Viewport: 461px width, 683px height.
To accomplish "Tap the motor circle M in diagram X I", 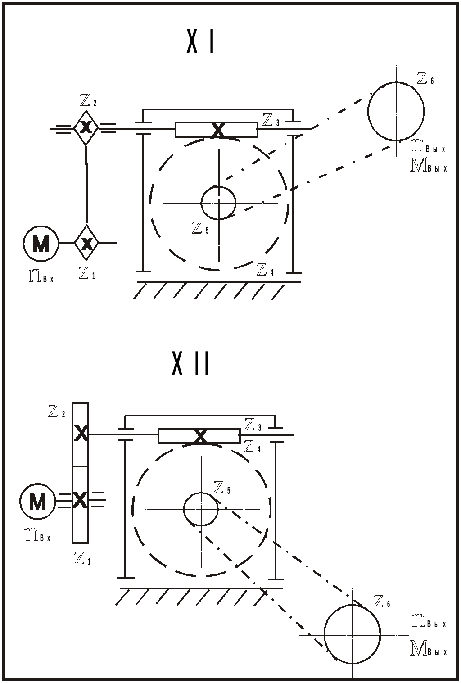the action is tap(41, 243).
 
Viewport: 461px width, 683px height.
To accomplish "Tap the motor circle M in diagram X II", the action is tap(37, 501).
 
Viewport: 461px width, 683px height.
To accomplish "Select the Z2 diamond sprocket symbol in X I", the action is tap(86, 128).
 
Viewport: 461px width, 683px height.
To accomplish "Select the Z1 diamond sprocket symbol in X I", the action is tap(86, 243).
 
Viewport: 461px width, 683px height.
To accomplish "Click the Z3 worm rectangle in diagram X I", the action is tap(217, 130).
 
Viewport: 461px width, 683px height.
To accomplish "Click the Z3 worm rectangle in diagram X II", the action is tap(199, 435).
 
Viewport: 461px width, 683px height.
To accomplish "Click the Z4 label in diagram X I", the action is tap(265, 270).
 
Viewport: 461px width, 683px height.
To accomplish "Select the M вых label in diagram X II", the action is tap(429, 650).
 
